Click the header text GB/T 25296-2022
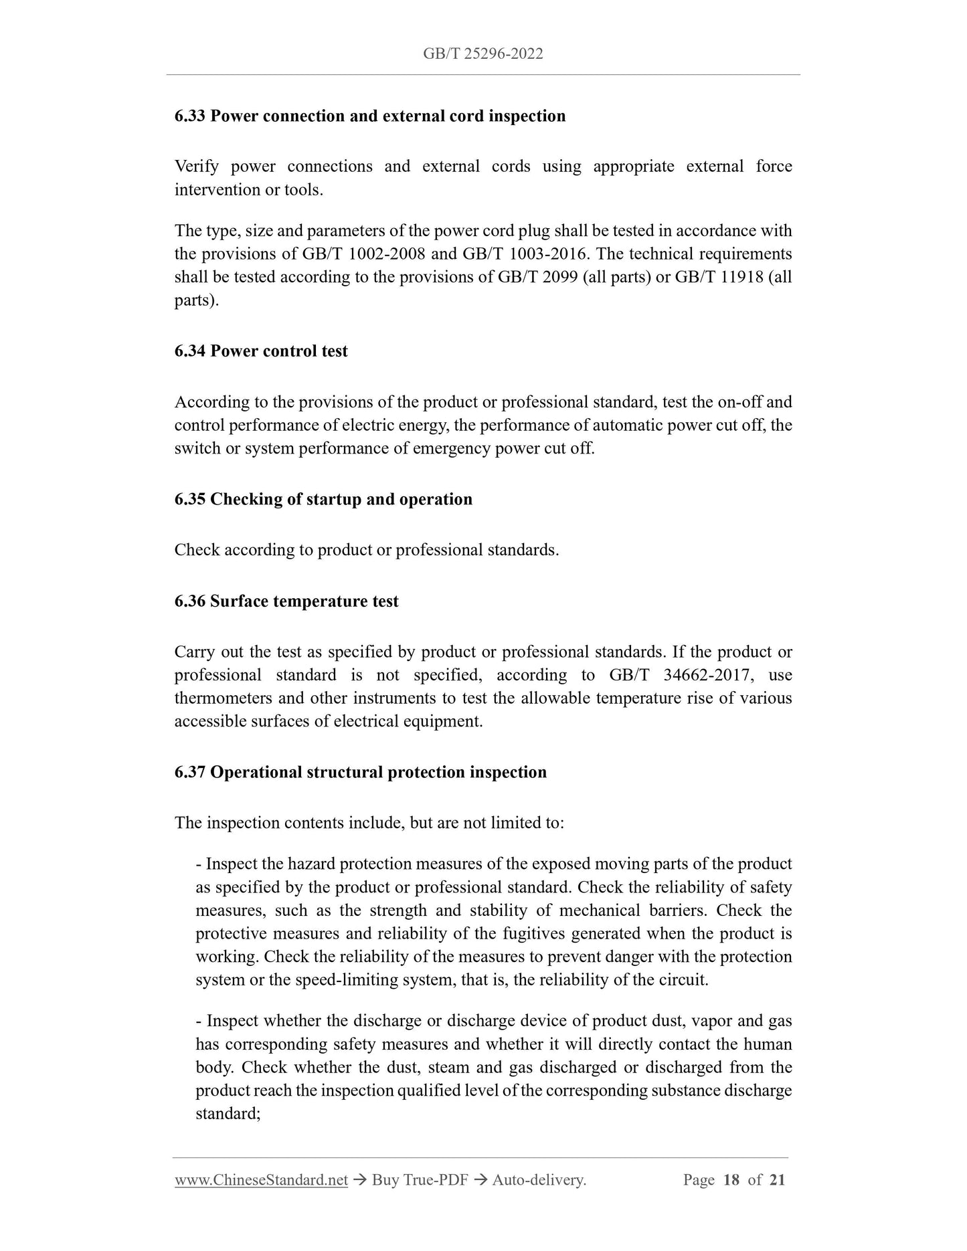pyautogui.click(x=482, y=54)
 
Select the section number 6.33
pyautogui.click(x=190, y=116)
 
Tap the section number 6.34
pyautogui.click(x=190, y=352)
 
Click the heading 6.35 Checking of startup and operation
pyautogui.click(x=323, y=500)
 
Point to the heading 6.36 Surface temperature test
pyautogui.click(x=286, y=601)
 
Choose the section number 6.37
pyautogui.click(x=190, y=773)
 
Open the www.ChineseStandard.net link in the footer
pyautogui.click(x=261, y=1181)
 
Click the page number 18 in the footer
pyautogui.click(x=731, y=1181)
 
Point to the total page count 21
pyautogui.click(x=777, y=1181)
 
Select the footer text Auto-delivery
pyautogui.click(x=539, y=1181)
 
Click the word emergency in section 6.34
pyautogui.click(x=452, y=449)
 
